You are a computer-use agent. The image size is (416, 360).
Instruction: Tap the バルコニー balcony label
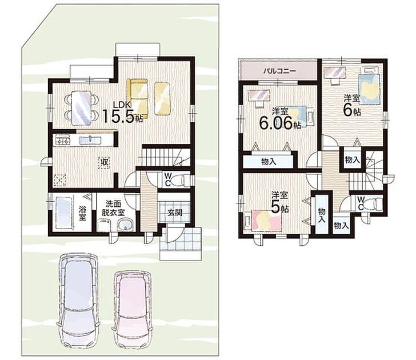pos(279,71)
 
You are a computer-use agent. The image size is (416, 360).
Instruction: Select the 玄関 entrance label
pos(175,212)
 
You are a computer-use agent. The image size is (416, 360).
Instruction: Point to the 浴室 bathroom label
pos(82,213)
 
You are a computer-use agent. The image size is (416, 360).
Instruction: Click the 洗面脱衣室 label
pos(114,208)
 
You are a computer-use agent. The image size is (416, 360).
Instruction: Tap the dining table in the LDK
pos(81,108)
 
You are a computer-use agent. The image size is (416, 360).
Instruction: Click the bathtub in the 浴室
pos(63,212)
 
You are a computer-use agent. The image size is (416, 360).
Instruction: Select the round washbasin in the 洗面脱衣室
pos(125,226)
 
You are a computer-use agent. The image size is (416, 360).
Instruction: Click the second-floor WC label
pos(361,203)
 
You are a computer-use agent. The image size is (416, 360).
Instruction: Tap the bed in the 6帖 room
pos(369,89)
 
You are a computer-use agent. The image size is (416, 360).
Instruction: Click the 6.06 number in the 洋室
pos(277,122)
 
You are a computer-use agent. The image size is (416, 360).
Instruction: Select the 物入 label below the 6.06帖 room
pos(269,162)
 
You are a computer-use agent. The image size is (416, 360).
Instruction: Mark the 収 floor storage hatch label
pos(105,162)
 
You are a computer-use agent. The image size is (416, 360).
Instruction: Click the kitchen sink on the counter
pos(90,139)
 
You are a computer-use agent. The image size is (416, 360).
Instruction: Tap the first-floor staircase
pos(165,157)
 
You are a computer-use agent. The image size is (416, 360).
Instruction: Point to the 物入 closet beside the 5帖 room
pos(322,215)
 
